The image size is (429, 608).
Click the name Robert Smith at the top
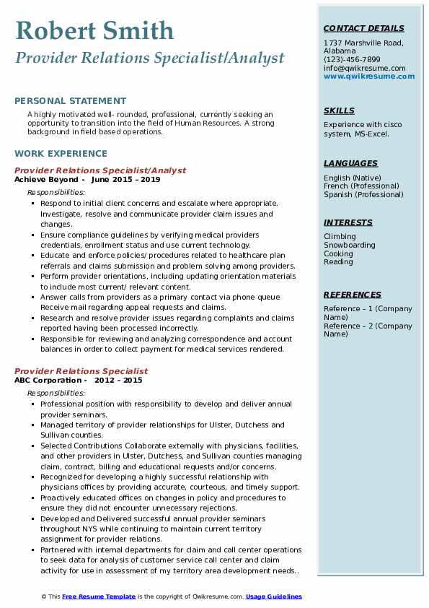pyautogui.click(x=94, y=30)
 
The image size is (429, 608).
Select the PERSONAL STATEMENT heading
pyautogui.click(x=70, y=101)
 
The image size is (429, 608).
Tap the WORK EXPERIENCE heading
pyautogui.click(x=61, y=153)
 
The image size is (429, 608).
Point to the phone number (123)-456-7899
pyautogui.click(x=352, y=59)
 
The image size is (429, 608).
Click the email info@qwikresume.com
pyautogui.click(x=364, y=68)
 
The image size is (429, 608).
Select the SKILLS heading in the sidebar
pyautogui.click(x=339, y=110)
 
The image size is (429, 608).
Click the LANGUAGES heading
pyautogui.click(x=350, y=163)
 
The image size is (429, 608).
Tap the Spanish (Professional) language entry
pyautogui.click(x=363, y=194)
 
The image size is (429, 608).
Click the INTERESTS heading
pyautogui.click(x=348, y=222)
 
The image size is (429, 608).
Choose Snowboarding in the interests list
pyautogui.click(x=350, y=245)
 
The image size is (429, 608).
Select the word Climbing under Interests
pyautogui.click(x=340, y=236)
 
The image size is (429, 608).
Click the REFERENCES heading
pyautogui.click(x=353, y=295)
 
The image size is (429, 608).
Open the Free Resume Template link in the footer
pyautogui.click(x=98, y=596)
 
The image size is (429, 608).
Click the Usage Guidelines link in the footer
pyautogui.click(x=274, y=596)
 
